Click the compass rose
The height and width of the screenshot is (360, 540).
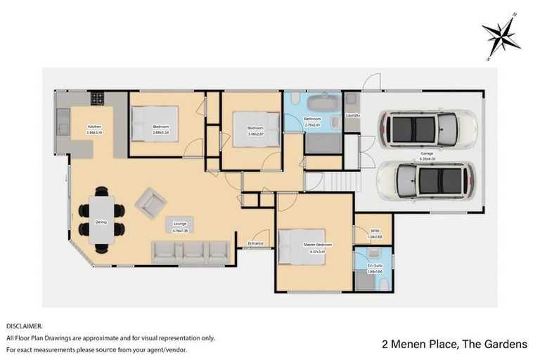point(501,36)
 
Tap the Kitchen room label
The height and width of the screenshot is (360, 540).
point(94,126)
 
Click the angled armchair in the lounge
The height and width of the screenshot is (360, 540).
point(150,203)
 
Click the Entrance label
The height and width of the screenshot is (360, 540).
point(255,243)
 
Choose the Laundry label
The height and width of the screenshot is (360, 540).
point(353,115)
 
